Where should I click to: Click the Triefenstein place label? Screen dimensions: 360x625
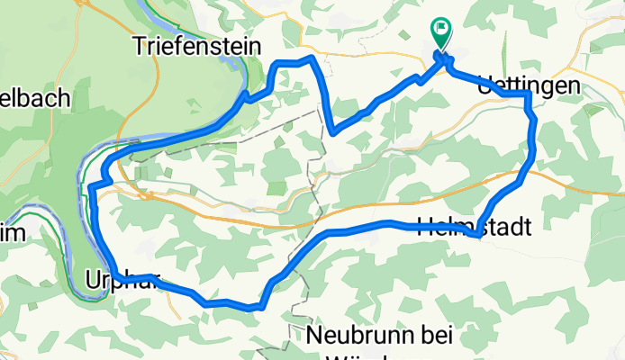[195, 44]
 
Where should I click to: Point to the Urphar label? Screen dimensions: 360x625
[121, 280]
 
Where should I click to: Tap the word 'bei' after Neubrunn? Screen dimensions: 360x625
[436, 337]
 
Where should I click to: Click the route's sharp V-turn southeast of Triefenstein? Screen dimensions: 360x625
[332, 133]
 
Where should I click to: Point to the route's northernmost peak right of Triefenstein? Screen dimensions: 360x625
[311, 58]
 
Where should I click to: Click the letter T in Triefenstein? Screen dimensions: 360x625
[139, 44]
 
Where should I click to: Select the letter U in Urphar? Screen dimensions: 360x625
[93, 280]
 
